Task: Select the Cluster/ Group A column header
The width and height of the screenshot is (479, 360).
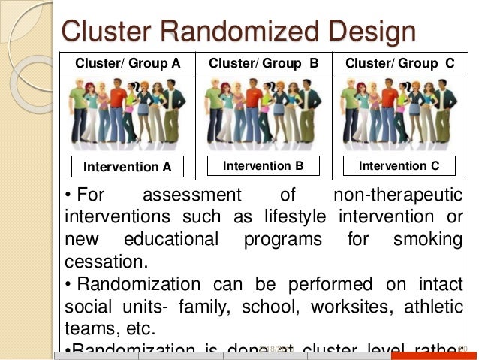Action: click(x=128, y=63)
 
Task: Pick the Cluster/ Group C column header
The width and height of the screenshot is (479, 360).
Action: click(x=399, y=63)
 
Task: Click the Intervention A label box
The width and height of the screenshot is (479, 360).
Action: click(x=127, y=165)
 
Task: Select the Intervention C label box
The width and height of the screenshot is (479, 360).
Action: click(x=399, y=165)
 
